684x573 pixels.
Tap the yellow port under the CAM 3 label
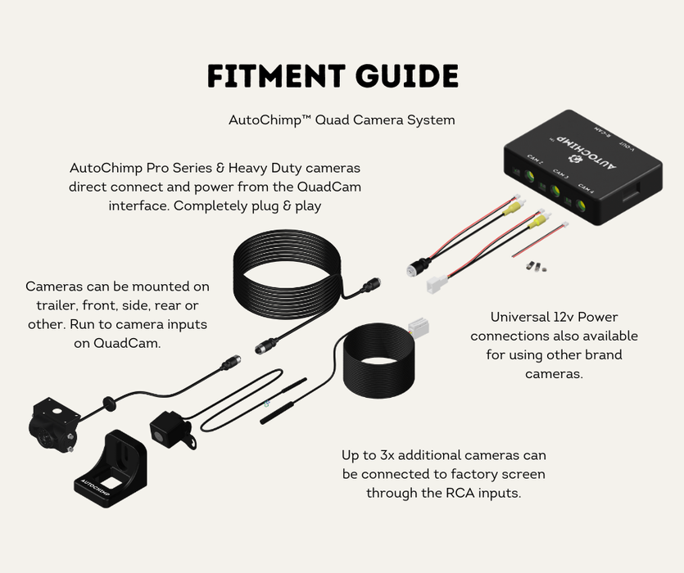[x=555, y=192]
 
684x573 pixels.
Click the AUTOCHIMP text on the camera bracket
[x=97, y=485]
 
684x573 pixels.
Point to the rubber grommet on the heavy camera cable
[x=106, y=401]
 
